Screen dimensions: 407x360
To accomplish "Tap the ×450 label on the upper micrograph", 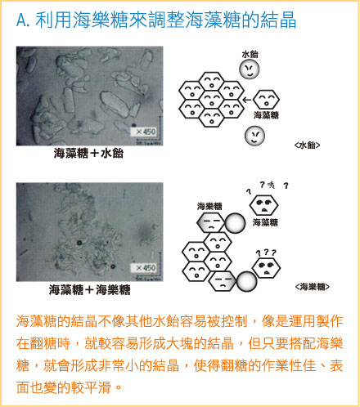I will pos(146,131).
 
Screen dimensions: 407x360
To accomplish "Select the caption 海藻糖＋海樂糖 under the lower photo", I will pos(89,289).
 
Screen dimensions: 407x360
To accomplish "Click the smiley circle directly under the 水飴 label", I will pos(250,69).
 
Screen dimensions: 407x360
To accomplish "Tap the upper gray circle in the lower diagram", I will pos(236,222).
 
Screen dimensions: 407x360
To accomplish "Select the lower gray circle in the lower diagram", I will pos(246,282).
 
